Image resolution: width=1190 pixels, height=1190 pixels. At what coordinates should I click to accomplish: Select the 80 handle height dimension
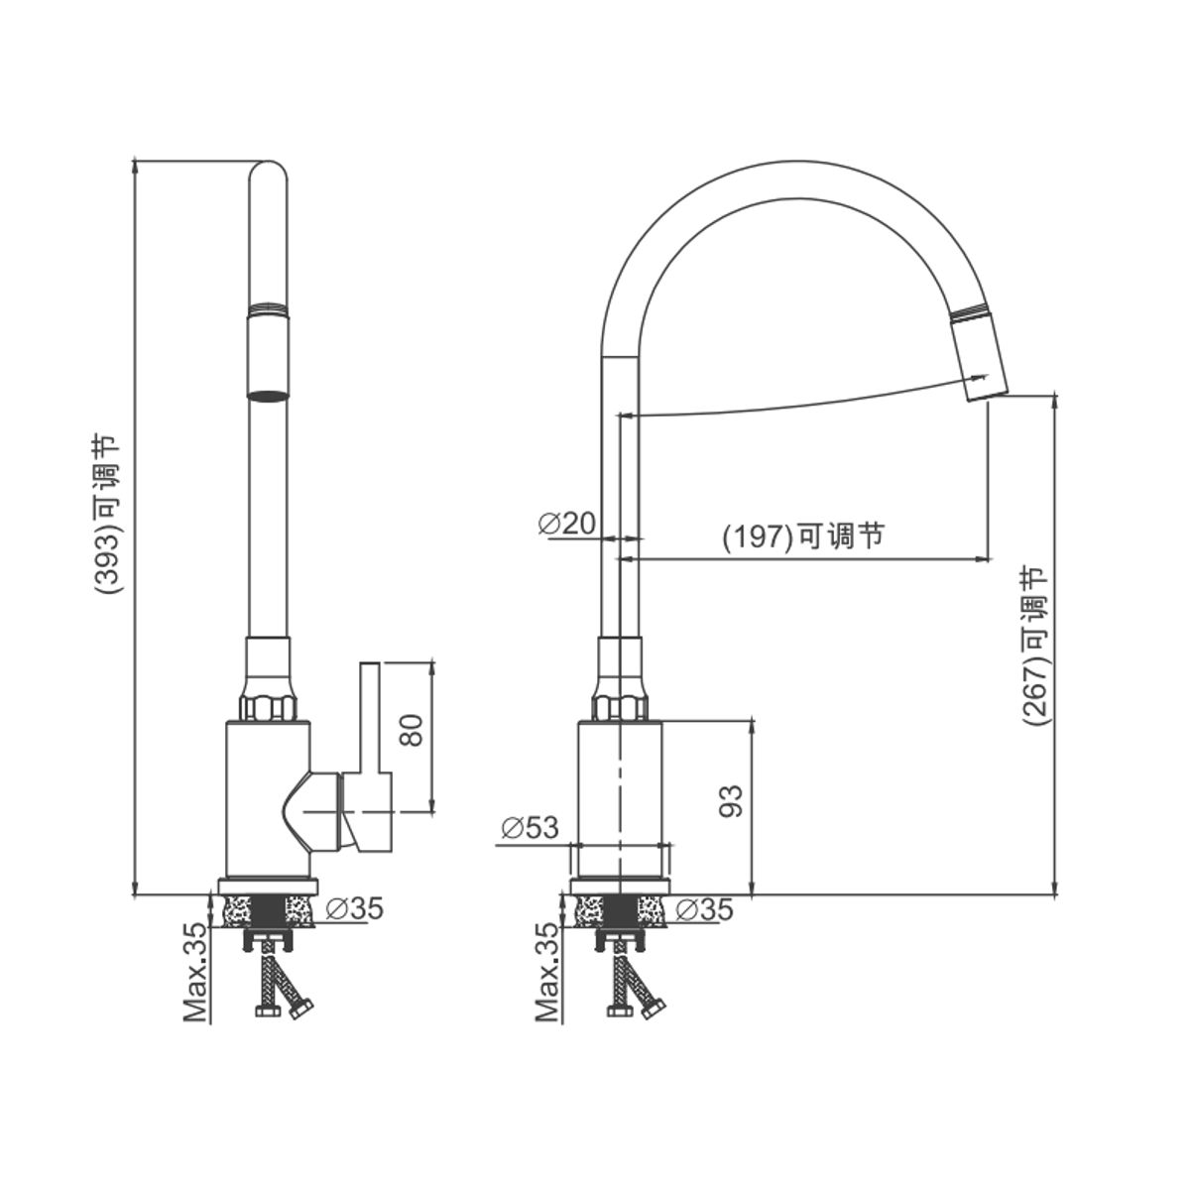tap(411, 730)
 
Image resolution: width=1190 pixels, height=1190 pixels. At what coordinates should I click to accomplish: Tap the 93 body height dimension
tap(731, 801)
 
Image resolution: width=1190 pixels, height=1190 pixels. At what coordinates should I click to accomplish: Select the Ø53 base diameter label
tap(530, 827)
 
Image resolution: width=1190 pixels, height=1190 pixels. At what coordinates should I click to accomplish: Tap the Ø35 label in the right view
tap(705, 909)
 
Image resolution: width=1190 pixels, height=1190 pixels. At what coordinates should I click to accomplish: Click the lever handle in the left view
tap(368, 757)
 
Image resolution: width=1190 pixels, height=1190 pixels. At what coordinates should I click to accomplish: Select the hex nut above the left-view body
tap(268, 708)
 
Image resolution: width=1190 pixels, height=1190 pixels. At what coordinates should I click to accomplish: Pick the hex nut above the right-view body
tap(621, 708)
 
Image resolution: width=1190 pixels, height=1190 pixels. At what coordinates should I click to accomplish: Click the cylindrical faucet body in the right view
tap(620, 798)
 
